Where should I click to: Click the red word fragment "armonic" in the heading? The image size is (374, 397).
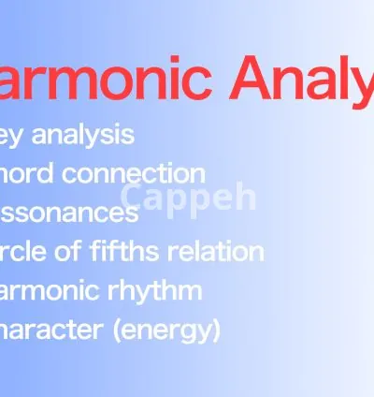pyautogui.click(x=105, y=78)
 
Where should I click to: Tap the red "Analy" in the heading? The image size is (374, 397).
pyautogui.click(x=300, y=80)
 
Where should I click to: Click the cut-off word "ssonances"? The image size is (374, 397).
pyautogui.click(x=69, y=213)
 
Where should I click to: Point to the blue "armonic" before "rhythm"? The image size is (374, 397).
pyautogui.click(x=53, y=290)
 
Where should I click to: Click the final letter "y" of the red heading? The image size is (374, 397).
pyautogui.click(x=360, y=84)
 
